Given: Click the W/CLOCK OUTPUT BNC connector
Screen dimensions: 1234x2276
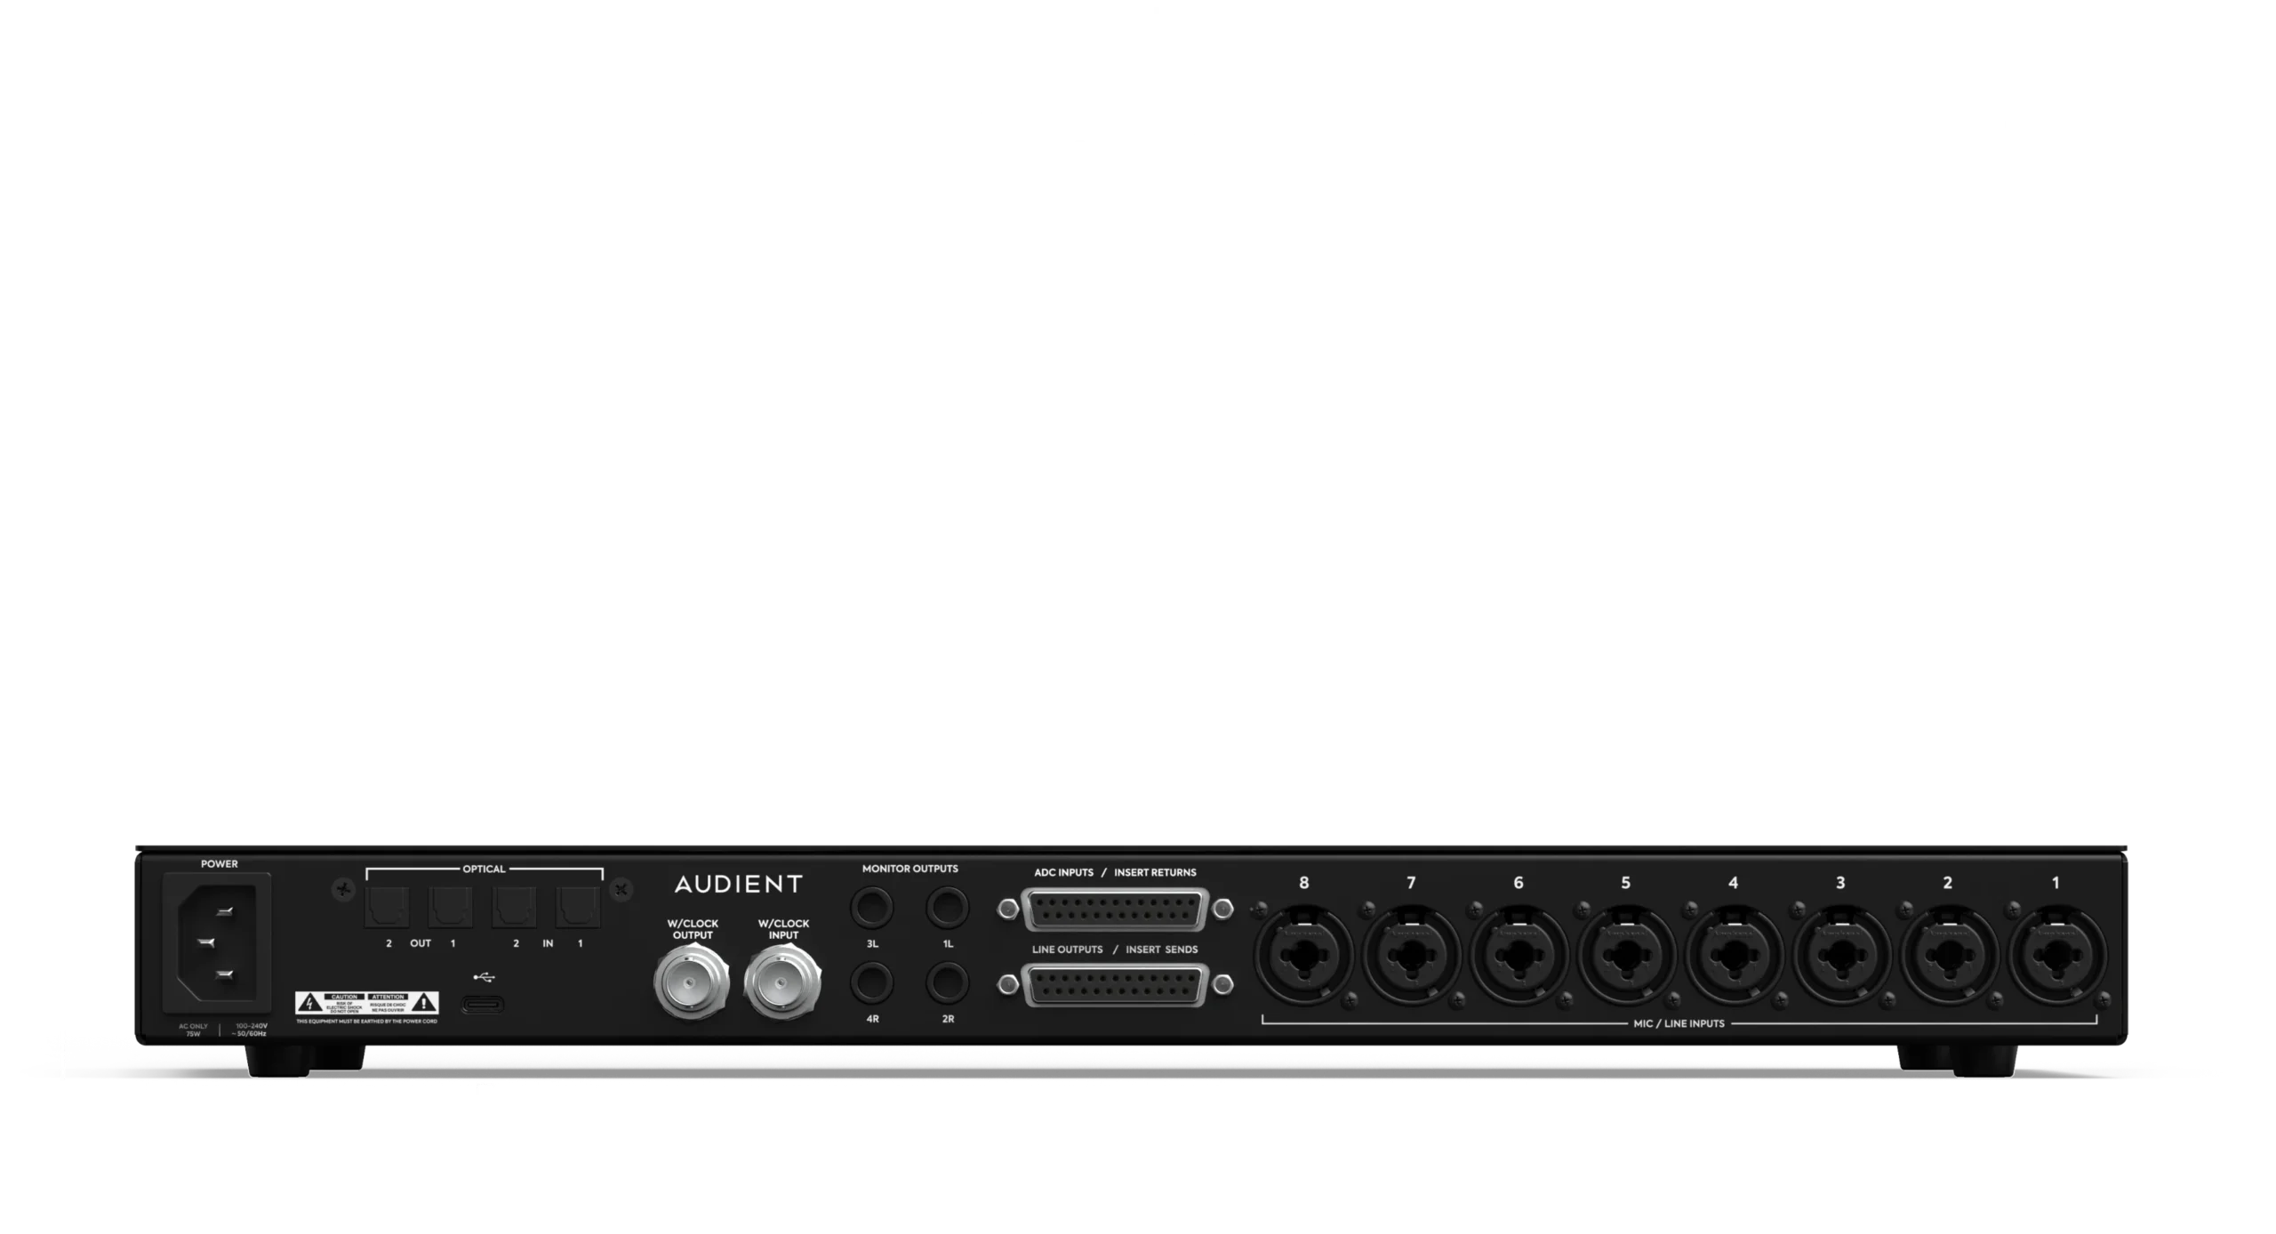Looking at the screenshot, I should (x=692, y=982).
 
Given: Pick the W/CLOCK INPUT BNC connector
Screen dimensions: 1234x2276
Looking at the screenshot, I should (x=783, y=982).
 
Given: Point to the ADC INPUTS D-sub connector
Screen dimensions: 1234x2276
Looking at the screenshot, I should (x=1115, y=909).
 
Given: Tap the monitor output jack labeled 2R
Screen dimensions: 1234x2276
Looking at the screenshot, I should (x=948, y=984).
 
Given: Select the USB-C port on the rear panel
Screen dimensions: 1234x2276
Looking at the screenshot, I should (x=482, y=1006).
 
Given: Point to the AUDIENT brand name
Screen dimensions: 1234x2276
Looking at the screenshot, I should (x=738, y=884).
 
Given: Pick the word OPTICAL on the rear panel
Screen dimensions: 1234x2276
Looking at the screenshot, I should (x=484, y=869).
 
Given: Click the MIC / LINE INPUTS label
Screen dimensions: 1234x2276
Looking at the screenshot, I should (x=1679, y=1023).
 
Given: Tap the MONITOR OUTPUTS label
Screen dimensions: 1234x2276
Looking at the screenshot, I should (x=910, y=869).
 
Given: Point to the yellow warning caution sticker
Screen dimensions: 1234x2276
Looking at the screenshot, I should (x=366, y=1004).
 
